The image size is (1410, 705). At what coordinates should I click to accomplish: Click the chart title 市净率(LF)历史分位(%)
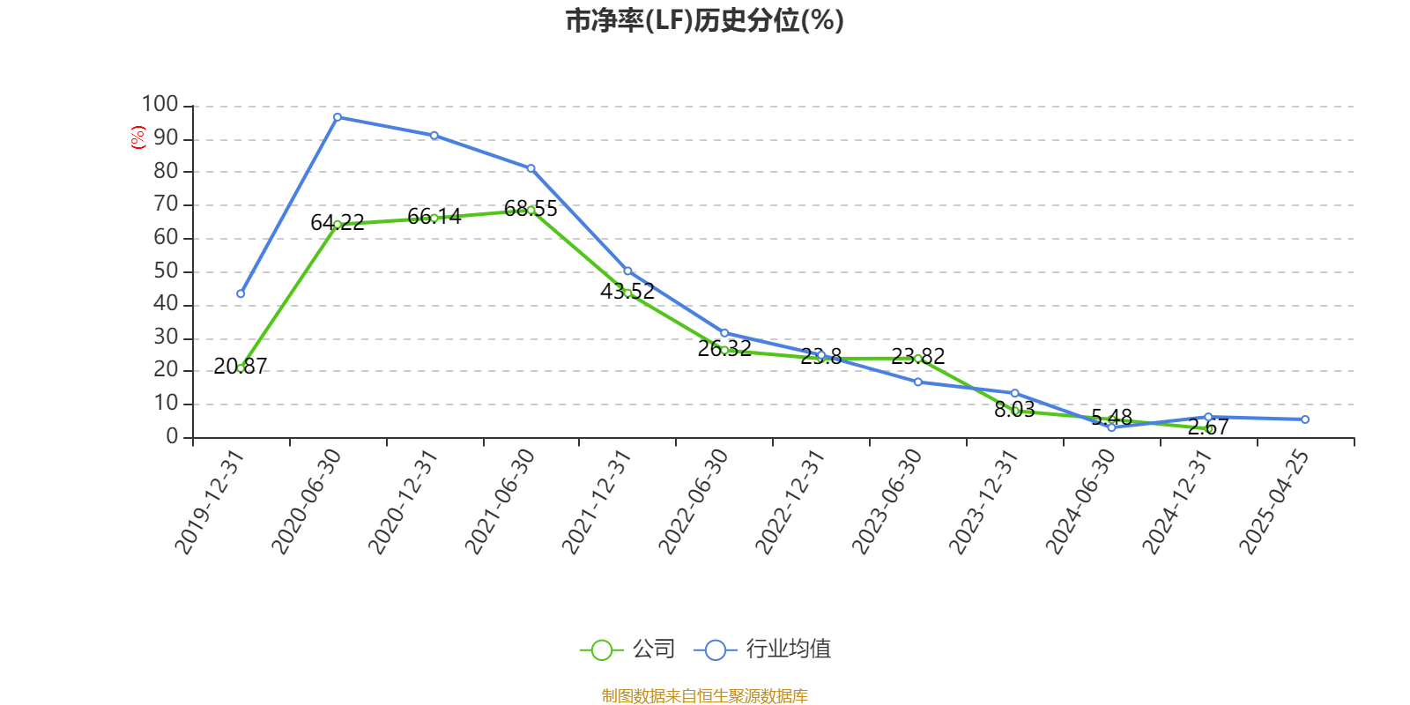pyautogui.click(x=704, y=20)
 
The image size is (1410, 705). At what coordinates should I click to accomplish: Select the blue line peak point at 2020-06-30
pyautogui.click(x=338, y=117)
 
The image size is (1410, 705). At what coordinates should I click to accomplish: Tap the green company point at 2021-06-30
pyautogui.click(x=531, y=210)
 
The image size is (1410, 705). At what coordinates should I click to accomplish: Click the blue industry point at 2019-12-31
pyautogui.click(x=241, y=293)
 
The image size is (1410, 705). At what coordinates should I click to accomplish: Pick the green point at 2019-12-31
pyautogui.click(x=241, y=367)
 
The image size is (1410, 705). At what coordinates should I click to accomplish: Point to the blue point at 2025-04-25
pyautogui.click(x=1305, y=419)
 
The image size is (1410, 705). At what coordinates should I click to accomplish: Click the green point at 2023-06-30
pyautogui.click(x=917, y=359)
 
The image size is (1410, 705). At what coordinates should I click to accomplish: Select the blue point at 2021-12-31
pyautogui.click(x=627, y=271)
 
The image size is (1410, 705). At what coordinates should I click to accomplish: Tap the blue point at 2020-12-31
pyautogui.click(x=434, y=136)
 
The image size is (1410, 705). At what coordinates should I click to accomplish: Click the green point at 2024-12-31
pyautogui.click(x=1208, y=428)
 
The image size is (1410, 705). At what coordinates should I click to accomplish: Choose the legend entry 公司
pyautogui.click(x=627, y=649)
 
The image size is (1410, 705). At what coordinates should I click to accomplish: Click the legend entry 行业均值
pyautogui.click(x=763, y=649)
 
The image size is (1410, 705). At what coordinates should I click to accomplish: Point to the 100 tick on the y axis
pyautogui.click(x=160, y=105)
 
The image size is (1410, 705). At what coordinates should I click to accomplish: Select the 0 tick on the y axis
pyautogui.click(x=172, y=437)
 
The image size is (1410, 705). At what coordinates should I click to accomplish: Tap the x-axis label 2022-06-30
pyautogui.click(x=694, y=501)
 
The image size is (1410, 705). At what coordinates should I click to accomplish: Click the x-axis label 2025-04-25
pyautogui.click(x=1274, y=501)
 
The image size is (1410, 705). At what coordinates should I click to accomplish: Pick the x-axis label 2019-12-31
pyautogui.click(x=209, y=501)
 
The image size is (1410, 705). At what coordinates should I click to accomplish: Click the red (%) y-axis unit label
pyautogui.click(x=137, y=137)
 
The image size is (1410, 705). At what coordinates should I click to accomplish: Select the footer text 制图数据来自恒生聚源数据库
pyautogui.click(x=704, y=696)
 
